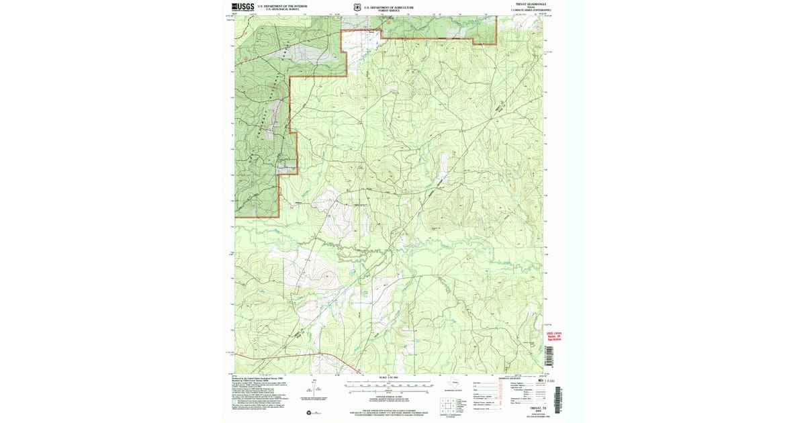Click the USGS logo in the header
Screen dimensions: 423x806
pyautogui.click(x=243, y=7)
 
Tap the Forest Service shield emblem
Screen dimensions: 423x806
pyautogui.click(x=357, y=7)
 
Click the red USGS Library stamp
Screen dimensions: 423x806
pyautogui.click(x=553, y=336)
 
